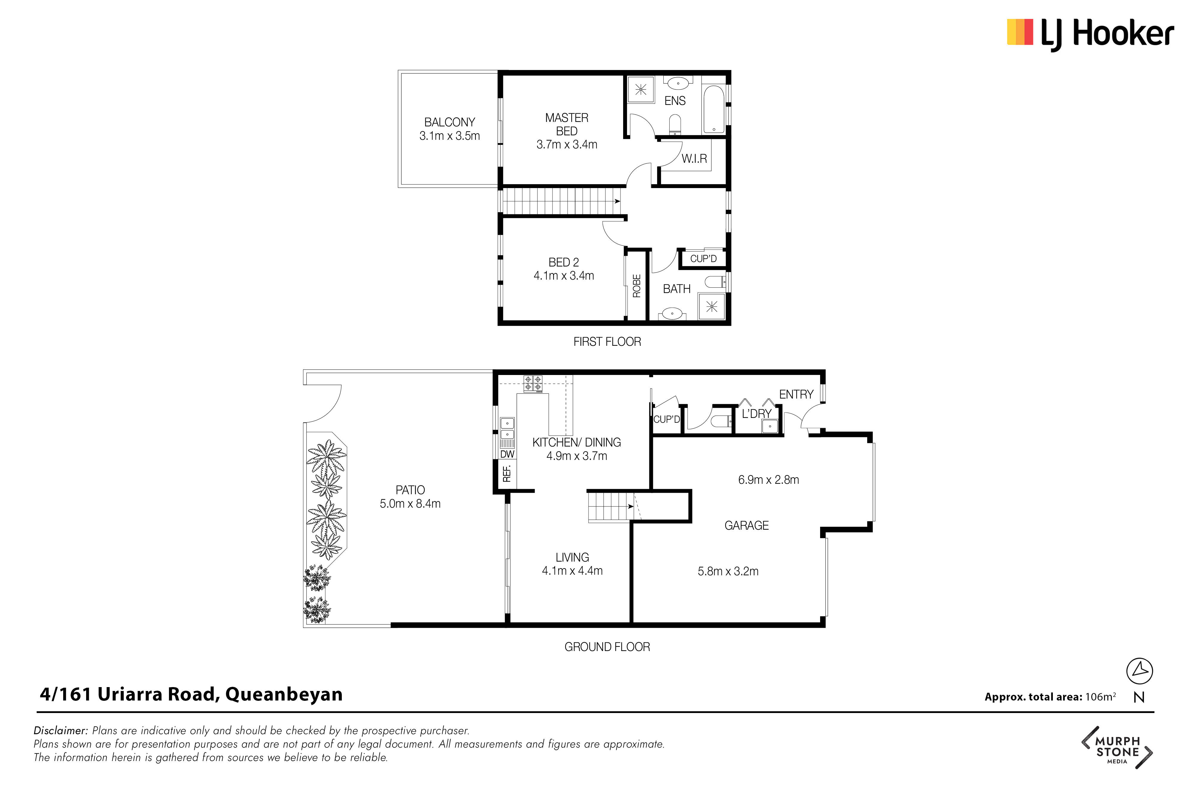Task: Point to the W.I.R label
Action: point(694,159)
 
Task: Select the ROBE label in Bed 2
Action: point(637,286)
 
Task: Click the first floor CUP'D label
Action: point(704,258)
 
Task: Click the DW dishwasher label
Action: point(507,454)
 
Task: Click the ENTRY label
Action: point(796,394)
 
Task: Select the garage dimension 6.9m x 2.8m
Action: point(768,480)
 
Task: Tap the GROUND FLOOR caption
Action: point(607,647)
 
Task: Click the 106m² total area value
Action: point(1100,697)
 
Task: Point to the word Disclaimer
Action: point(61,731)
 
